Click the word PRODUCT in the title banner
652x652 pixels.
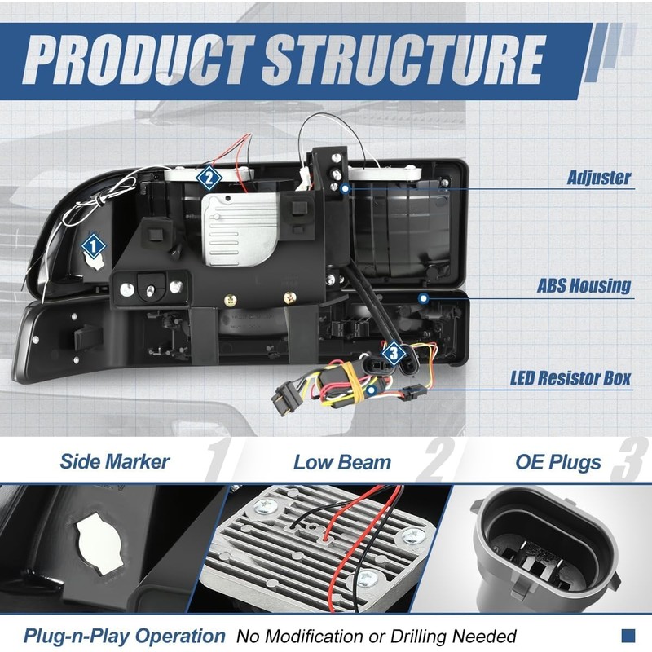pos(139,59)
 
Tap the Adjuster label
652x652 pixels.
pos(599,178)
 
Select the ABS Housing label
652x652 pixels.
pos(584,286)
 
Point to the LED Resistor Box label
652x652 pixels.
pos(570,378)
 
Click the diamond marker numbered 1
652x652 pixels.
pos(94,246)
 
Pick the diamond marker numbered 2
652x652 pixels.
pos(209,178)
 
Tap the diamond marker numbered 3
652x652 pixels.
pos(394,354)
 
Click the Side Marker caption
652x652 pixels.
pos(115,461)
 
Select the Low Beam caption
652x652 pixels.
pos(342,462)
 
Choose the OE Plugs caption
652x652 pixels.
pos(558,462)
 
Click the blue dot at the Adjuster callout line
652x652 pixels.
pos(345,189)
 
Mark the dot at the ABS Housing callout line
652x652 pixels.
pos(423,298)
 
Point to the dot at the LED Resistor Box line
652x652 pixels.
pos(372,390)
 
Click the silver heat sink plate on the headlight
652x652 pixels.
pos(239,230)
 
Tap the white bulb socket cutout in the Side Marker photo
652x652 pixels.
pos(99,544)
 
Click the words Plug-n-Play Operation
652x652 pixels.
pos(125,636)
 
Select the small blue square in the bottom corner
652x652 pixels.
pos(628,636)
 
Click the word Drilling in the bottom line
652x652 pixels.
pos(420,637)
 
